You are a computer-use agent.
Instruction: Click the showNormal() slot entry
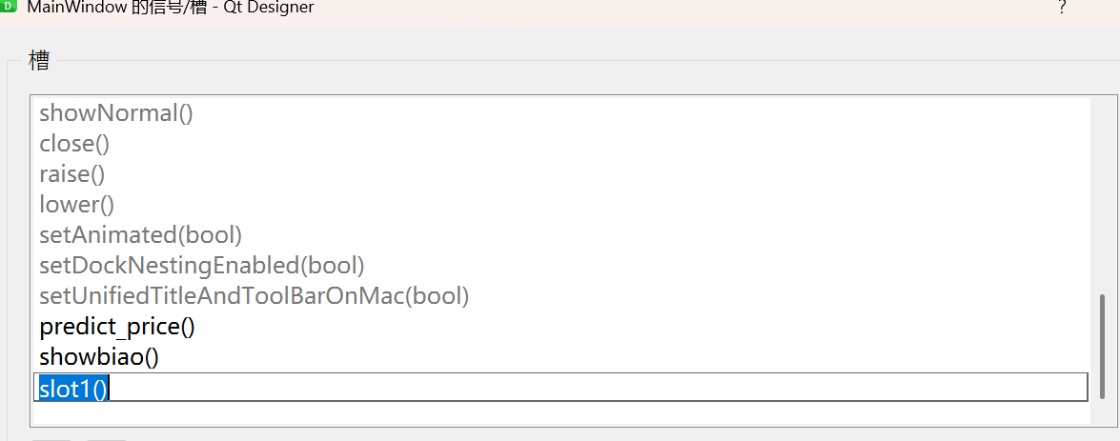[116, 113]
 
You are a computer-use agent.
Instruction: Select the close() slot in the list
[74, 144]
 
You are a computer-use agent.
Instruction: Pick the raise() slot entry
[71, 174]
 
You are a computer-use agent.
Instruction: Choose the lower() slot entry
[76, 205]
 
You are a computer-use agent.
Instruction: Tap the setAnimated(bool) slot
[140, 235]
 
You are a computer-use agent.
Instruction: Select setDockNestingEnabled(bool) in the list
[202, 266]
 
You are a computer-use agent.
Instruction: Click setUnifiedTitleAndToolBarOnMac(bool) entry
[255, 296]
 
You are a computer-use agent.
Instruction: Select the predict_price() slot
[117, 327]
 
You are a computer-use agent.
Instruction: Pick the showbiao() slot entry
[99, 357]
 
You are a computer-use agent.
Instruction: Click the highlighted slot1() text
[73, 388]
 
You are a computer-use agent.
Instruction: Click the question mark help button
[1062, 8]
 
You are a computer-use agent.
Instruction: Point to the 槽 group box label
[39, 62]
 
